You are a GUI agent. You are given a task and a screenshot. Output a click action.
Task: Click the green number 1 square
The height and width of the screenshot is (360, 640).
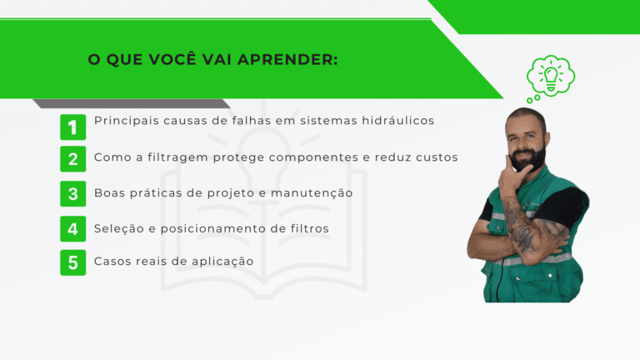pyautogui.click(x=73, y=127)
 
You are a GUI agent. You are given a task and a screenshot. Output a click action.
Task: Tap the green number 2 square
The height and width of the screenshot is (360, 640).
pyautogui.click(x=73, y=159)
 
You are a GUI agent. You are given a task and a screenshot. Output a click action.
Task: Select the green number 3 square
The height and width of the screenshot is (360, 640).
pyautogui.click(x=73, y=193)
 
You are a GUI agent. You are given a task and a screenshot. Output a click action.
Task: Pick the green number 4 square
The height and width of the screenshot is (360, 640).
pyautogui.click(x=73, y=228)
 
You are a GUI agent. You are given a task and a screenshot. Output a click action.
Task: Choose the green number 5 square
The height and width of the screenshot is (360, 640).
pyautogui.click(x=73, y=262)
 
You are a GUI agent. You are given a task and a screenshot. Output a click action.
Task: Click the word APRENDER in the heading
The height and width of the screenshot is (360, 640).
pyautogui.click(x=287, y=60)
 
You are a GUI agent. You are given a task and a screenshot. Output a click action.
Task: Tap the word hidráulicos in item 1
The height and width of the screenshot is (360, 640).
pyautogui.click(x=398, y=120)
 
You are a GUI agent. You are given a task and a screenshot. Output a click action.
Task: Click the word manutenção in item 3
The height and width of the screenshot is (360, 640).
pyautogui.click(x=312, y=193)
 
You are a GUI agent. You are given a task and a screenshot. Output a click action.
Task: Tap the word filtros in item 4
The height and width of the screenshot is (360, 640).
pyautogui.click(x=310, y=228)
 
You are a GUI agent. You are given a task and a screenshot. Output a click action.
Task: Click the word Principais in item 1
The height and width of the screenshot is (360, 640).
pyautogui.click(x=127, y=121)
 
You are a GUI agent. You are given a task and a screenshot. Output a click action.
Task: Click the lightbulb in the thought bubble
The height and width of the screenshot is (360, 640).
pyautogui.click(x=551, y=77)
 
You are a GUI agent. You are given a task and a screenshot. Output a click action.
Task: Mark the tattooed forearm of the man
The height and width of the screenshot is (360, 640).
pyautogui.click(x=522, y=231)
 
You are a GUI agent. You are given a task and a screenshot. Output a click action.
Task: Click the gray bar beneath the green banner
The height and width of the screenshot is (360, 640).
pyautogui.click(x=132, y=103)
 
